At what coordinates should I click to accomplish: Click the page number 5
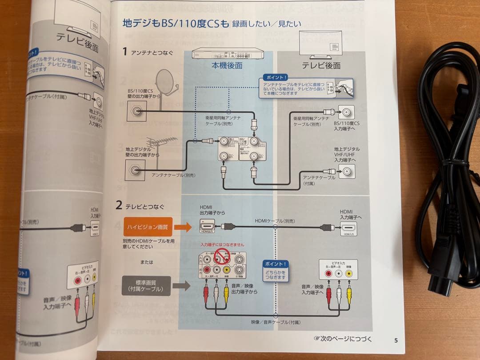pyautogui.click(x=396, y=340)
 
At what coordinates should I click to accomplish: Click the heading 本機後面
pyautogui.click(x=227, y=65)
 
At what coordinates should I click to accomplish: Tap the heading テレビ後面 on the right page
pyautogui.click(x=321, y=65)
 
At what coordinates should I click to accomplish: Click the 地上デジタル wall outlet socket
pyautogui.click(x=135, y=170)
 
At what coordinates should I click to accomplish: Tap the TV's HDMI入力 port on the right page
pyautogui.click(x=348, y=227)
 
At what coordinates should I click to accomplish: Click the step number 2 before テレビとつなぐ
pyautogui.click(x=119, y=205)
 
